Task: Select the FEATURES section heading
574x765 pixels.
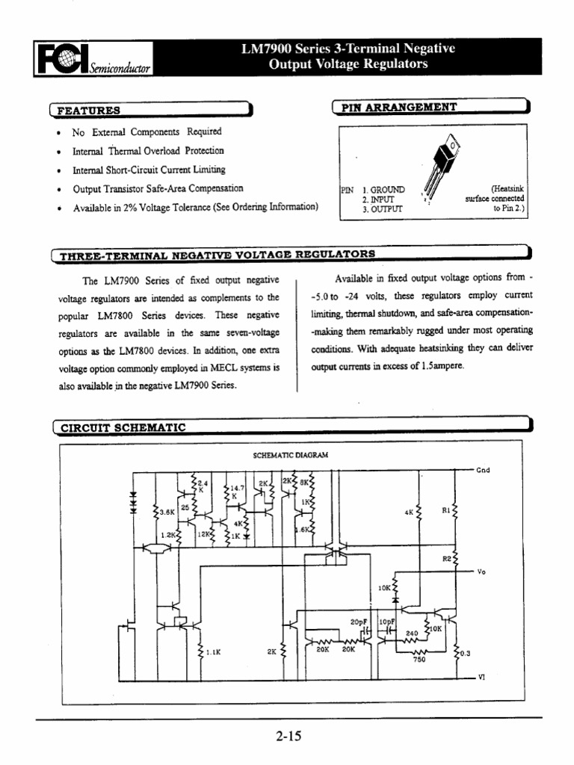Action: tap(89, 111)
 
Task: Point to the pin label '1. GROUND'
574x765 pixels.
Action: tap(383, 191)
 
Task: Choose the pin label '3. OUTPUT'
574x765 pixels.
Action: tap(382, 210)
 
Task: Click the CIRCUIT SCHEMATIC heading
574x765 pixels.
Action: tap(123, 428)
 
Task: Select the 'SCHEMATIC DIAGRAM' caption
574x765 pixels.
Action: tap(287, 454)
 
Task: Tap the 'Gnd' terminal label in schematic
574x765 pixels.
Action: tap(484, 471)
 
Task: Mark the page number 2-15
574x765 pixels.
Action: tap(287, 737)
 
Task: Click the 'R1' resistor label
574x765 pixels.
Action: tap(445, 512)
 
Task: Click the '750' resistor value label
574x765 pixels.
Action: tap(419, 660)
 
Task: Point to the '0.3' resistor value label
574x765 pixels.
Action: tap(464, 654)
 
